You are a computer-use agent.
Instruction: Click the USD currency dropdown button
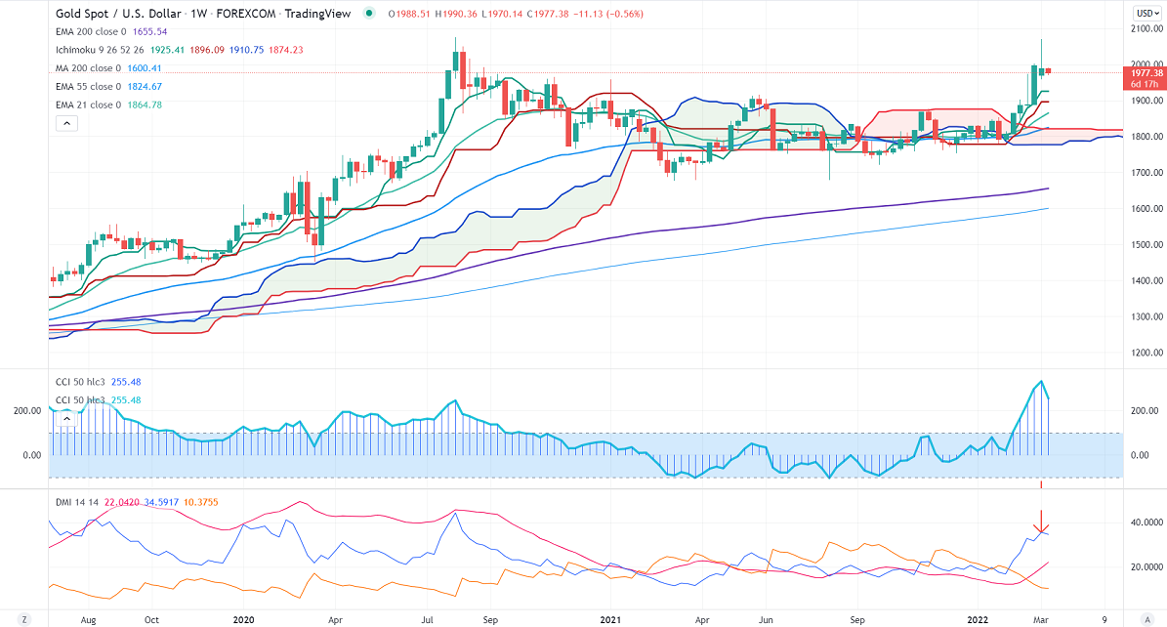[x=1146, y=13]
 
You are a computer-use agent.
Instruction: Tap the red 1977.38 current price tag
[x=1145, y=73]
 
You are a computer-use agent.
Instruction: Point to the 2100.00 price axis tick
[x=1145, y=28]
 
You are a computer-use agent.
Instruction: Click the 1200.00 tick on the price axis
[x=1145, y=353]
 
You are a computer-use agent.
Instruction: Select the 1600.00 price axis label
[x=1145, y=209]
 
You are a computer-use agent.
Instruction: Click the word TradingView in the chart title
[x=316, y=14]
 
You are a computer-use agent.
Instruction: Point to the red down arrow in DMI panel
[x=1042, y=522]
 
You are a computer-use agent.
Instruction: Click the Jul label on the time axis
[x=427, y=619]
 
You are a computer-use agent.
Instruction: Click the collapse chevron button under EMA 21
[x=66, y=123]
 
